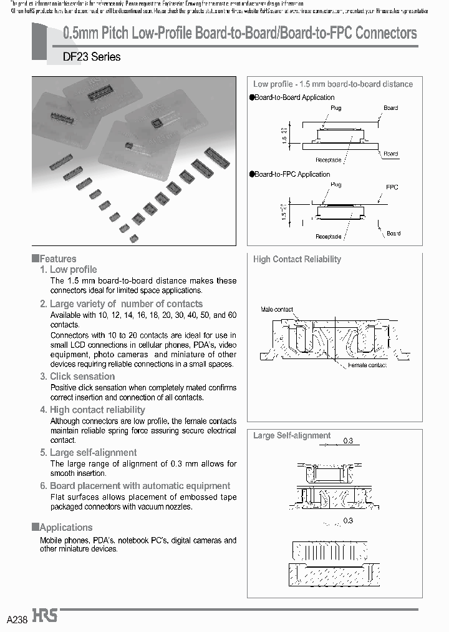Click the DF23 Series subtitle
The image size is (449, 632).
92,57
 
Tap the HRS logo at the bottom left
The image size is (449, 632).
46,616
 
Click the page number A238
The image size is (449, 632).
17,619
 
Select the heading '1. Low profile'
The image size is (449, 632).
69,270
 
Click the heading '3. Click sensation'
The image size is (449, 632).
77,377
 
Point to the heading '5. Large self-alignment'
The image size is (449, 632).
89,453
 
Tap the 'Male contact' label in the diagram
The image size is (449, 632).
276,310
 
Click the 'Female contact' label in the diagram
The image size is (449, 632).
367,365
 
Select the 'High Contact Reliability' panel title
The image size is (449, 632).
297,259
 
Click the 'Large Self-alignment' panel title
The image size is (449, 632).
292,436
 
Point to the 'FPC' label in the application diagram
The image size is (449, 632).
392,187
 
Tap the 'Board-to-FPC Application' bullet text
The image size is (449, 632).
292,174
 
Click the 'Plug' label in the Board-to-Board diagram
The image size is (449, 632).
336,108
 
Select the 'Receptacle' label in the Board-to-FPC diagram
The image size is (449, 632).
328,237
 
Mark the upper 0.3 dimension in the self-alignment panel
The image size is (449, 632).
348,441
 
